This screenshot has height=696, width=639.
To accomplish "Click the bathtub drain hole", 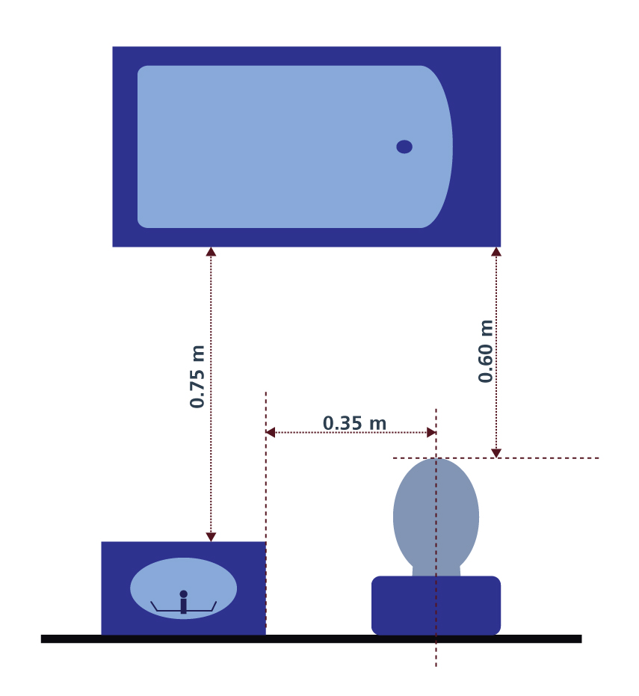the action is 404,147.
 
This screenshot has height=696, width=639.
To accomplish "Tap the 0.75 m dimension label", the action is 197,377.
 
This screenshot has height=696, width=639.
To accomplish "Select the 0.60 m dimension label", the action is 486,351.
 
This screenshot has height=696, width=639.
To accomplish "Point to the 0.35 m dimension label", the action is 354,423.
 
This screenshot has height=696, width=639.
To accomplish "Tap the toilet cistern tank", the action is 436,606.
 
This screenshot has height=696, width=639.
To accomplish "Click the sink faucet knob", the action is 183,594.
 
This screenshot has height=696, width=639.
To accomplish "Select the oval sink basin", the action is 183,588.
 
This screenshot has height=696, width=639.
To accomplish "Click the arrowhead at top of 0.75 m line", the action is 211,252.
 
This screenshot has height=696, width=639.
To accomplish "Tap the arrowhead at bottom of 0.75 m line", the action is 211,537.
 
